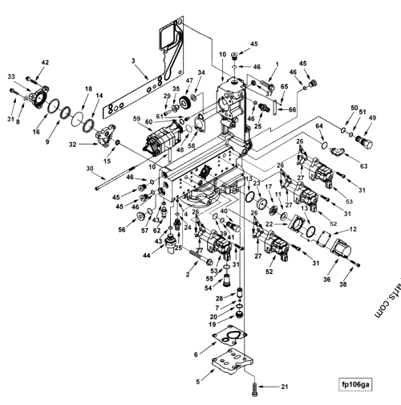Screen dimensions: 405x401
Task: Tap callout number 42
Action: (44, 62)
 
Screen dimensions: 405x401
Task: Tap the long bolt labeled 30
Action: (120, 182)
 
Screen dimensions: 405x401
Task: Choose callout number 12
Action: (352, 231)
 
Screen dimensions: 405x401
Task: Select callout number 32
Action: (73, 145)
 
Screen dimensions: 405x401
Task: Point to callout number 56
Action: (123, 230)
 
